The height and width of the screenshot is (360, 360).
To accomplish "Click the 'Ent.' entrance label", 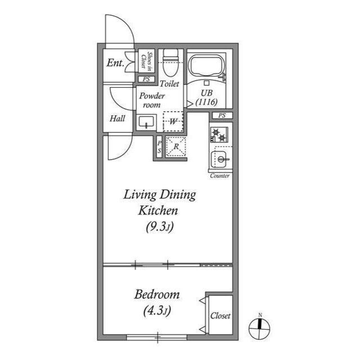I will [x=115, y=62].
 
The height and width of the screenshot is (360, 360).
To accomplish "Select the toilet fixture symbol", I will [x=170, y=61].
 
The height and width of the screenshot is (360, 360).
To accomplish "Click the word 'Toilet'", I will [x=169, y=84].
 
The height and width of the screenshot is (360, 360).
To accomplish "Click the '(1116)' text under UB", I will [x=206, y=102].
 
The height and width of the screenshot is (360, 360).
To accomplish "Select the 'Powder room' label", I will [x=151, y=100].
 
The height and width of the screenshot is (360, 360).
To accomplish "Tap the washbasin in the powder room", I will [x=147, y=121].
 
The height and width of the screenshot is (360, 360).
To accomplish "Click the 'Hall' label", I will [x=117, y=119].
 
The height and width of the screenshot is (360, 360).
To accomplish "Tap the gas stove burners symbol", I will [x=219, y=134].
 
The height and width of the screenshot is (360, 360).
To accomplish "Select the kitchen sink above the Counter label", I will [x=221, y=160].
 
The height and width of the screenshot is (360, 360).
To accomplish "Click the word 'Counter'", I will [x=219, y=176].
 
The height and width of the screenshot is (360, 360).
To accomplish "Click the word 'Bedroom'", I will [x=157, y=295].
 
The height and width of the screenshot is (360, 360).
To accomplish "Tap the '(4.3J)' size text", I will [x=157, y=310].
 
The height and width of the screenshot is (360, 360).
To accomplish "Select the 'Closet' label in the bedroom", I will [x=220, y=316].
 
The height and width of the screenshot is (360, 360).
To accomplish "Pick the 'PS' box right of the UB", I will [x=222, y=116].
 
